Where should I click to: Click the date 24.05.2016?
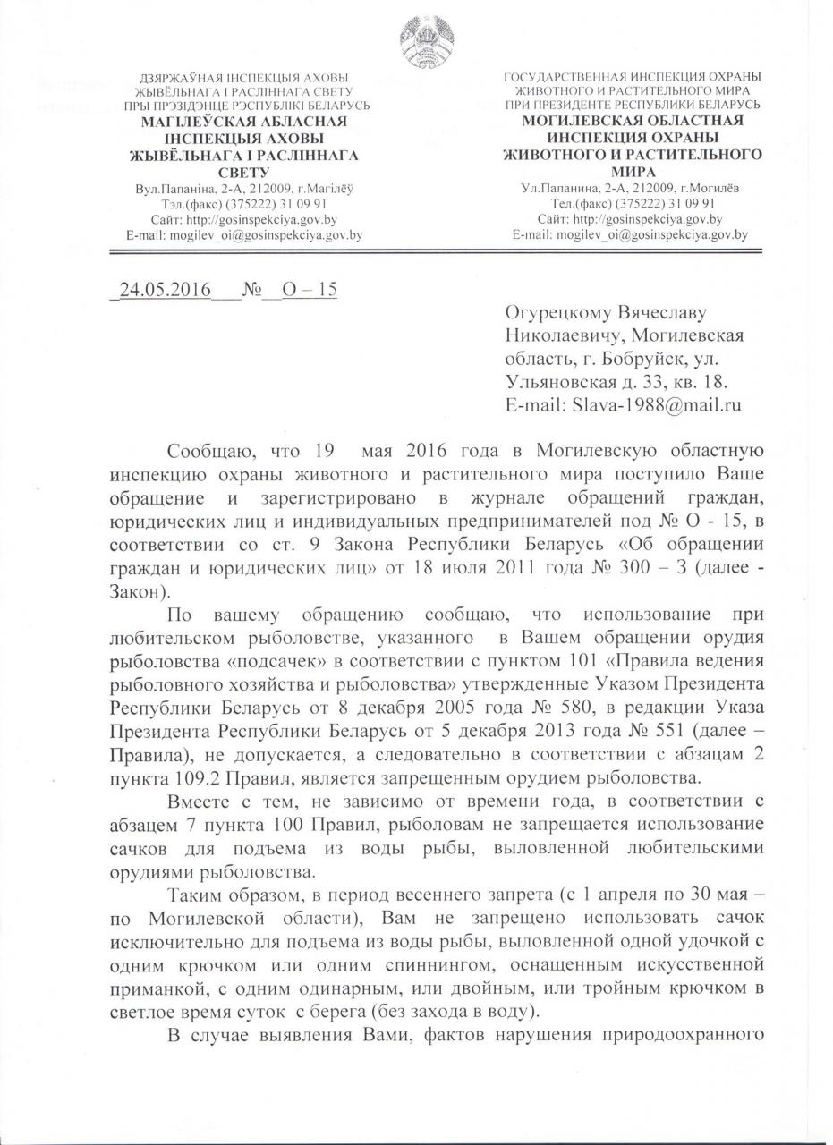[x=159, y=292]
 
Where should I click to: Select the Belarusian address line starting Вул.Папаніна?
[x=244, y=189]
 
